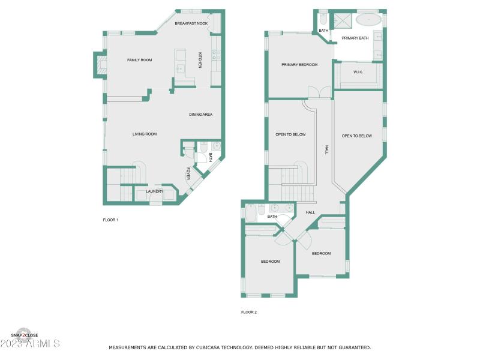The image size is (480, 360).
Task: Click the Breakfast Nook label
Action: (191, 23)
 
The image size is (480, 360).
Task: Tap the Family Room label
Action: (139, 60)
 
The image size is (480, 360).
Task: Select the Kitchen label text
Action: (200, 59)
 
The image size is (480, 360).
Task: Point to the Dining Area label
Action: (200, 115)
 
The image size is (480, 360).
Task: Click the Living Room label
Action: (145, 134)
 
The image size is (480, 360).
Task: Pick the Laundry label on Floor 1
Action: (154, 191)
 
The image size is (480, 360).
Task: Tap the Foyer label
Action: (188, 173)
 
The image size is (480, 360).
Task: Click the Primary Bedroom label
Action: (299, 64)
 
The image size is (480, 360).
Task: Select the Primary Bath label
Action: (355, 38)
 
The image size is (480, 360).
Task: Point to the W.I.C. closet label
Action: (358, 72)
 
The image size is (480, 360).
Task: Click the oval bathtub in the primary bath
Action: (368, 19)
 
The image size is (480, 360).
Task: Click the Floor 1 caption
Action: (110, 220)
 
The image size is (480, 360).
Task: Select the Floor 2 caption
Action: (249, 312)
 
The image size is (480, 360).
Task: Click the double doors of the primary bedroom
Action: (319, 92)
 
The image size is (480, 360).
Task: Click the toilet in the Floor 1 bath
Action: (203, 146)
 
